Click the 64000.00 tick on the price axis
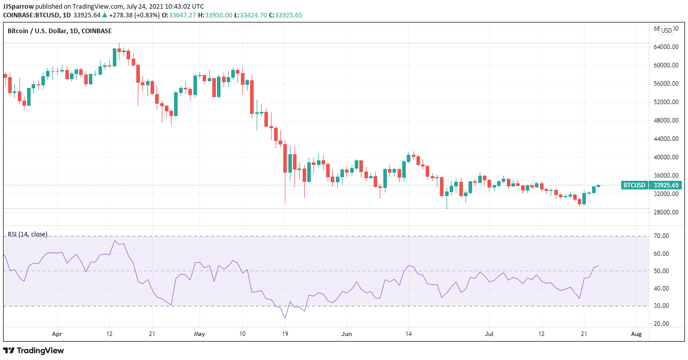[x=666, y=47]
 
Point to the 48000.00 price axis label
[x=666, y=121]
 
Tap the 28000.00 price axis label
[x=666, y=212]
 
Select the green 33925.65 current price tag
[x=666, y=185]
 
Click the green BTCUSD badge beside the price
[x=634, y=185]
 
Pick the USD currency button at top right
[x=667, y=30]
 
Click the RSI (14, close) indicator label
[x=27, y=234]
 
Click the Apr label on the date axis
[x=57, y=334]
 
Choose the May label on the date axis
[x=200, y=334]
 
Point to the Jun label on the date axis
[x=347, y=334]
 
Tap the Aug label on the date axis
[x=636, y=334]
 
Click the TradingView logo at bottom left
[x=34, y=351]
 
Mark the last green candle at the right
[x=598, y=186]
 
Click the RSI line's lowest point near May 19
[x=285, y=318]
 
